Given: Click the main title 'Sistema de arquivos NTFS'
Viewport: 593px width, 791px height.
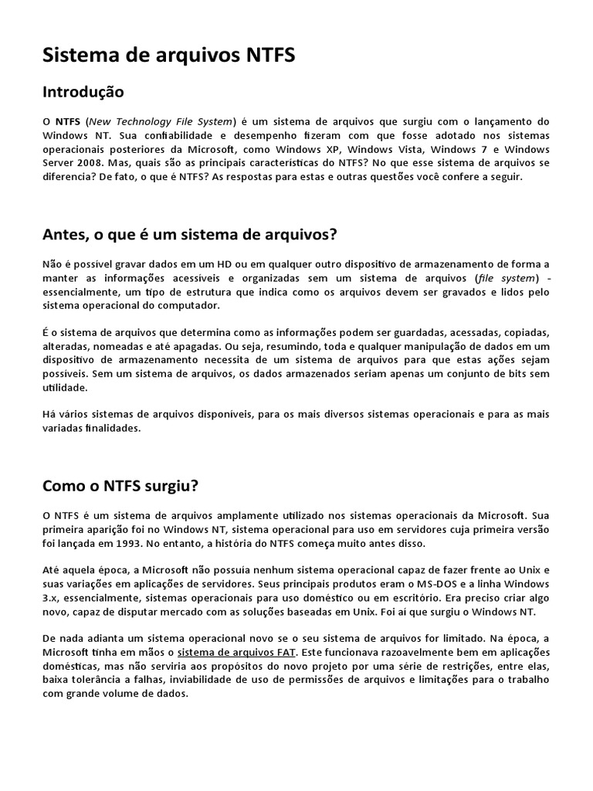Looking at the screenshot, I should coord(168,56).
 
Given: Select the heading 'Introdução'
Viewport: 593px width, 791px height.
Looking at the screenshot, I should coord(83,92).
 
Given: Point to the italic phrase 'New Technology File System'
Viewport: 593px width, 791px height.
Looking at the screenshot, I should coord(161,121).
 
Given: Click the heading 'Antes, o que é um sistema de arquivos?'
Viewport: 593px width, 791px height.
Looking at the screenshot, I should coord(190,234).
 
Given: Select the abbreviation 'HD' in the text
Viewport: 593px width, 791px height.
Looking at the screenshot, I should coord(192,264).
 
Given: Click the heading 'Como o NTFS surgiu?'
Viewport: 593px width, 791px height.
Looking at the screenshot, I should coord(120,486).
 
